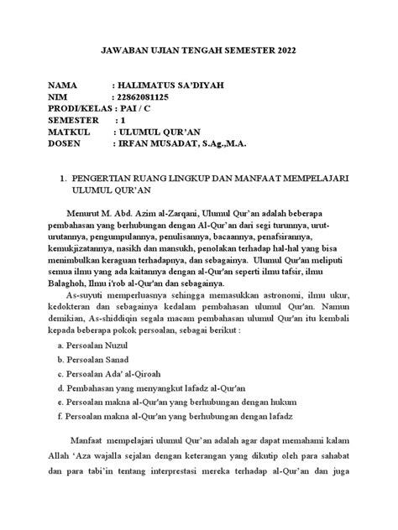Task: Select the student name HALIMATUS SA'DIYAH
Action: click(x=172, y=86)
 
